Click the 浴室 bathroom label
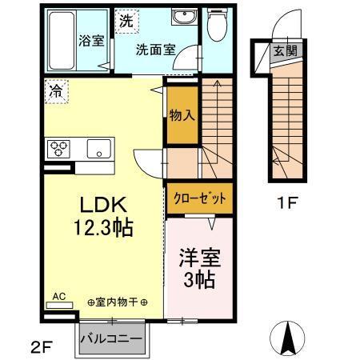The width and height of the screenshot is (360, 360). (x=90, y=41)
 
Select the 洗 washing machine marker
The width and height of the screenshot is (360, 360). (x=126, y=22)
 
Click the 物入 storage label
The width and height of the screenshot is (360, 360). (x=182, y=115)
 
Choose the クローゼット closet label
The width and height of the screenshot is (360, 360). (x=200, y=198)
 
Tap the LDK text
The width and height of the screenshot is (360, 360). (x=100, y=204)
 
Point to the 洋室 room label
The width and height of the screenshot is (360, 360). (x=199, y=260)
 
